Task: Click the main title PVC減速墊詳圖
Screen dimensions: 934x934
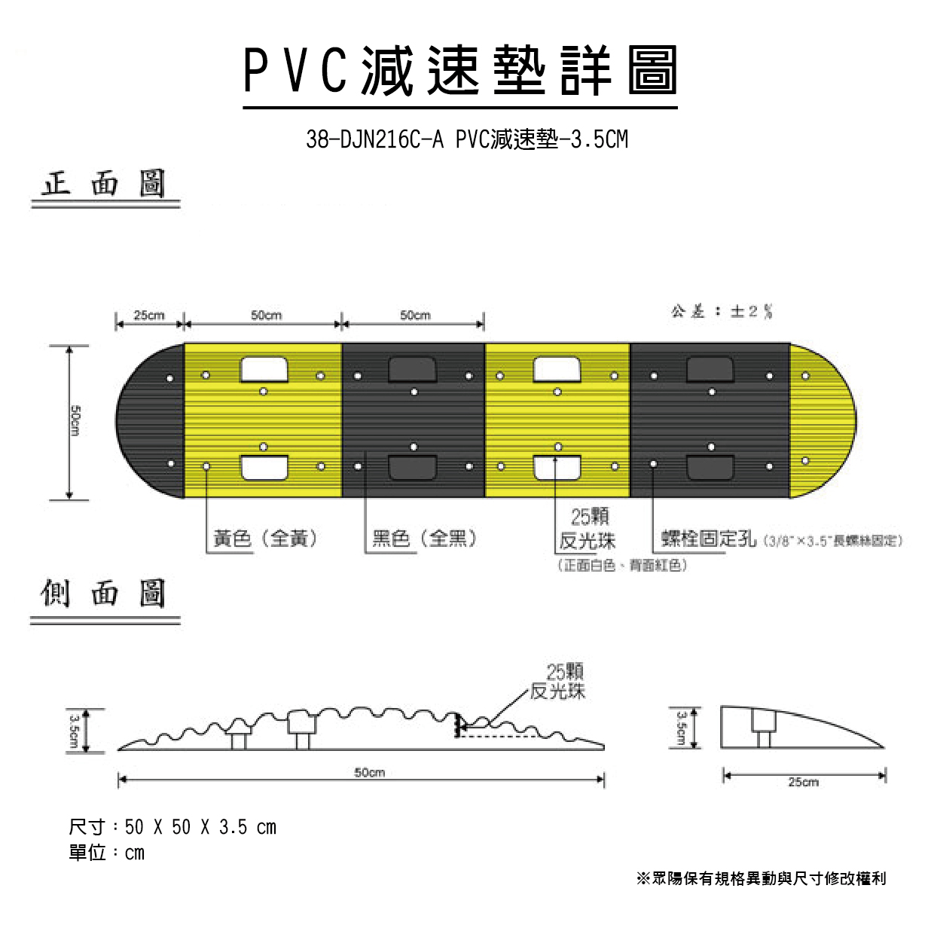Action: [460, 71]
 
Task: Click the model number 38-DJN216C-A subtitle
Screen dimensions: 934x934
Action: [466, 139]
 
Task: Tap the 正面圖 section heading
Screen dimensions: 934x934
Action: [104, 184]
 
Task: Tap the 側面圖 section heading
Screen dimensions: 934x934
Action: [104, 594]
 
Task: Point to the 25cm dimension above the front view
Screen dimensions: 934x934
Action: [149, 315]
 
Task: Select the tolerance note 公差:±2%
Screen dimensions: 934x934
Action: [722, 311]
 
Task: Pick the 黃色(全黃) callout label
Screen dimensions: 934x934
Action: [265, 539]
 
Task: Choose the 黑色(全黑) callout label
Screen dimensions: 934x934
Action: [424, 539]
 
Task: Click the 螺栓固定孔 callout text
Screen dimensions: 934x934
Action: [708, 539]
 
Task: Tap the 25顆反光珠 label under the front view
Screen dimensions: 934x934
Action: [588, 529]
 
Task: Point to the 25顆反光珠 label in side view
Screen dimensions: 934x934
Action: [558, 681]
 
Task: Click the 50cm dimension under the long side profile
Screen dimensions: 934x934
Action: [369, 772]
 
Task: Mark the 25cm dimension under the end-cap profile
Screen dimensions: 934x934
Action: [803, 782]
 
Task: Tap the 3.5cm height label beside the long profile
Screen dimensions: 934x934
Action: [75, 730]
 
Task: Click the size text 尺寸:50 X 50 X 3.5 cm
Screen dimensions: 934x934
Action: [172, 827]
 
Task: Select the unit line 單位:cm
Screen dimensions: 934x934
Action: [106, 853]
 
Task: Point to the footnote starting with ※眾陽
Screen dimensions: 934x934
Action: [761, 878]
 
